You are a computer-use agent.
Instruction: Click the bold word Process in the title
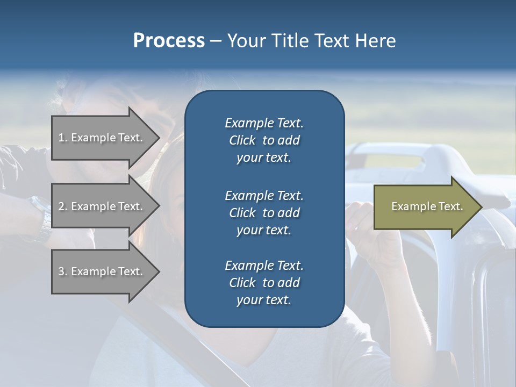169,41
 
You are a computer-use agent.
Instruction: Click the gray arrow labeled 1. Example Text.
102,138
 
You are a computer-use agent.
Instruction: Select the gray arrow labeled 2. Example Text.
102,206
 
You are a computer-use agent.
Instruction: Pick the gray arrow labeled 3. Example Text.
102,271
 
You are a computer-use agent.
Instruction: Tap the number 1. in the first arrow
63,138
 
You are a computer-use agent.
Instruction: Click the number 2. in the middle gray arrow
63,206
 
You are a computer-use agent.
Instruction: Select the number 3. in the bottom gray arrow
63,271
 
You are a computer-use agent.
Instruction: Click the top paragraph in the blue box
264,140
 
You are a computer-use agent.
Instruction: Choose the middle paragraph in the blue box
264,213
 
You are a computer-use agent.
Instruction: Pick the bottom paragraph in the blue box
264,283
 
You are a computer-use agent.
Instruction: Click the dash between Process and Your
216,41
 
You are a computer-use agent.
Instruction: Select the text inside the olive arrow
427,206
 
